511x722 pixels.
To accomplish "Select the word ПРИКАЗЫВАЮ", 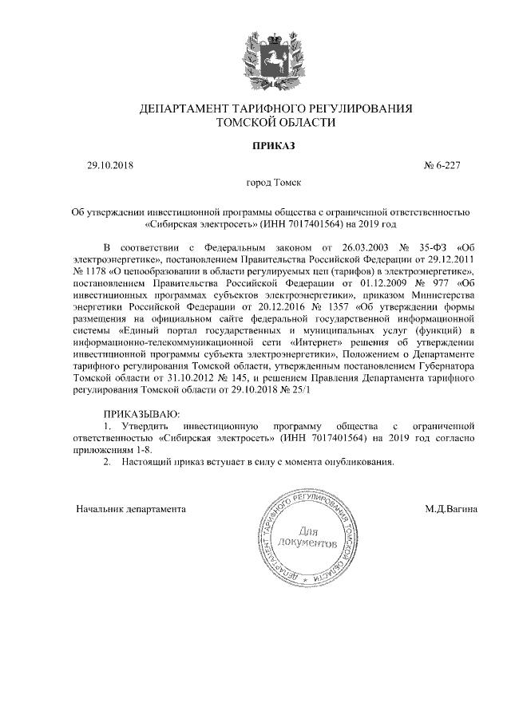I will (x=143, y=415).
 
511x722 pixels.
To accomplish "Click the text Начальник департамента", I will (x=131, y=508).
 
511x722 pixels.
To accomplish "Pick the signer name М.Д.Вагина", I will (x=452, y=508).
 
